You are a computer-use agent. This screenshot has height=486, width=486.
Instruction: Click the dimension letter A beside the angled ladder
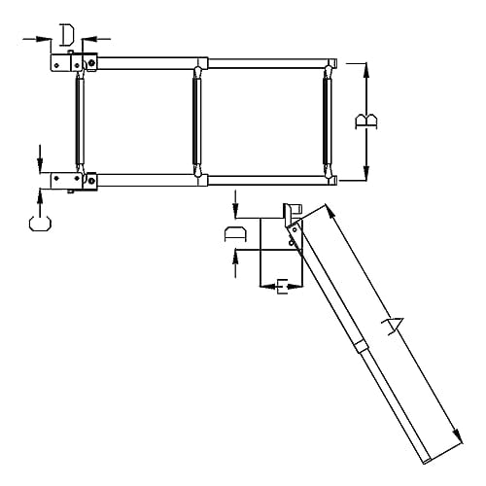pyautogui.click(x=393, y=326)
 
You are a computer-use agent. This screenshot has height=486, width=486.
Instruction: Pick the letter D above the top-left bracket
pyautogui.click(x=66, y=36)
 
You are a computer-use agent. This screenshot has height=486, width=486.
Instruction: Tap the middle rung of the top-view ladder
pyautogui.click(x=199, y=121)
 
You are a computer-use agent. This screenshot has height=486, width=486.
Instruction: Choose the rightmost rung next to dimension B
pyautogui.click(x=328, y=121)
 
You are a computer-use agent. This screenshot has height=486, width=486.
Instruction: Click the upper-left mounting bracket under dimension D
pyautogui.click(x=73, y=61)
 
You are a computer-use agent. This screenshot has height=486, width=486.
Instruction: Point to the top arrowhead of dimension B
pyautogui.click(x=366, y=68)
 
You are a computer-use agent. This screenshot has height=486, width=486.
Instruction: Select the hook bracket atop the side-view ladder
pyautogui.click(x=293, y=215)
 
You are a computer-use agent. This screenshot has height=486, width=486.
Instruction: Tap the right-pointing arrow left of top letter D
pyautogui.click(x=46, y=38)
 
